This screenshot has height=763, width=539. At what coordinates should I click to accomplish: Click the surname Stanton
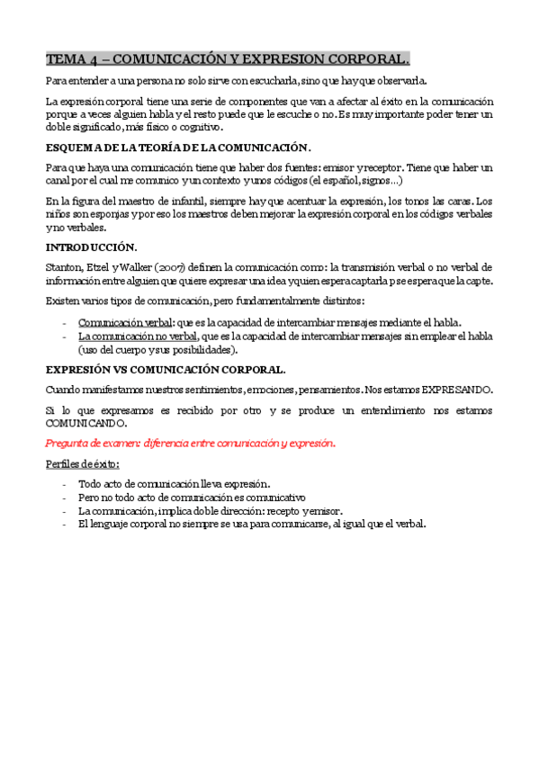point(64,267)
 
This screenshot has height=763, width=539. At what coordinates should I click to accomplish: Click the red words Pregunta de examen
point(91,443)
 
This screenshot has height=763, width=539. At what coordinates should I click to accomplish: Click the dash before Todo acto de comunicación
point(64,484)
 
